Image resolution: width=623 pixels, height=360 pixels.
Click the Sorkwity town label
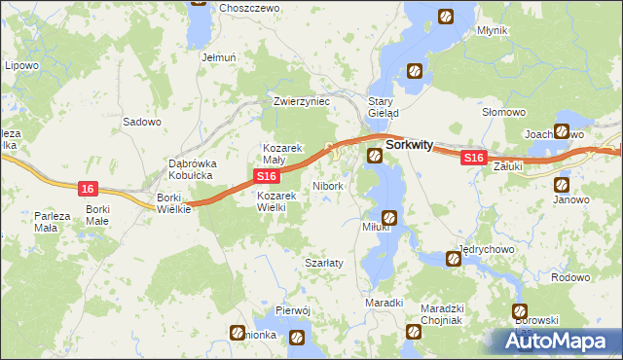tap(410, 144)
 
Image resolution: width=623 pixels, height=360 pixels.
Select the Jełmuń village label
tap(219, 57)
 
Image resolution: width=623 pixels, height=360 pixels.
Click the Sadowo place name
tap(141, 123)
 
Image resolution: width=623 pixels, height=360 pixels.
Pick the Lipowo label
tap(21, 65)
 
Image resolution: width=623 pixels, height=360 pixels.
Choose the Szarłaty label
tap(321, 264)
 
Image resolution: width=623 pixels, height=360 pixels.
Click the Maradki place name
tap(384, 304)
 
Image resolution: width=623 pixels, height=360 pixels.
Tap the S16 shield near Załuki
tap(473, 158)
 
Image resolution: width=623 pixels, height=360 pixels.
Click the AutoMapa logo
tap(558, 342)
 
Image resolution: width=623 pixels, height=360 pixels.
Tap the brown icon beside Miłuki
tap(389, 218)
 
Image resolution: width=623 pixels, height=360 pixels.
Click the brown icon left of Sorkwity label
tap(375, 155)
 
